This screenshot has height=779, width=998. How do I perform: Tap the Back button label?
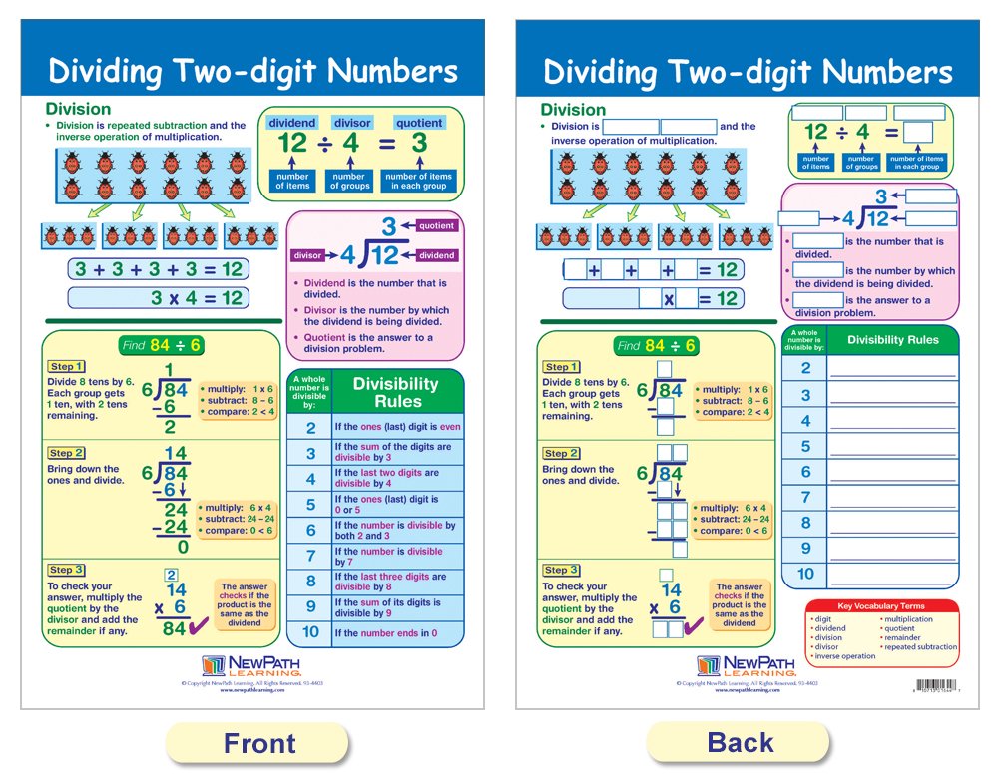coord(740,743)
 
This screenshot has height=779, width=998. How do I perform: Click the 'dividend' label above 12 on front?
coord(292,123)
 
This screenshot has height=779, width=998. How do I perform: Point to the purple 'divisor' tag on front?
coord(307,256)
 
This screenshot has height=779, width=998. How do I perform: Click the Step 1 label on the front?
coord(67,367)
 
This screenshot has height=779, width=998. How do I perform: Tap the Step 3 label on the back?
coord(562,570)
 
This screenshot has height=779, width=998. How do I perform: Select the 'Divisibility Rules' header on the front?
coord(396,390)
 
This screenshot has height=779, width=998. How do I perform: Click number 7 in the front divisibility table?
coord(310,556)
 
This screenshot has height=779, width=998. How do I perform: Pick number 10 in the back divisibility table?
coord(805,574)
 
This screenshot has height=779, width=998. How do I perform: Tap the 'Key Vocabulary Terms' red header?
coord(880,606)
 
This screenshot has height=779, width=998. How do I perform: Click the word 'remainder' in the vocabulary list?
coord(903,638)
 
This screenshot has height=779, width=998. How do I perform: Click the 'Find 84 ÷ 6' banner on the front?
coord(161,345)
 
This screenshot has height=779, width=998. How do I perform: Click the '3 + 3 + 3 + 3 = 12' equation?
coord(158,268)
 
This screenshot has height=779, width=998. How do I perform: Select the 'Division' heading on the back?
coord(573,110)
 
